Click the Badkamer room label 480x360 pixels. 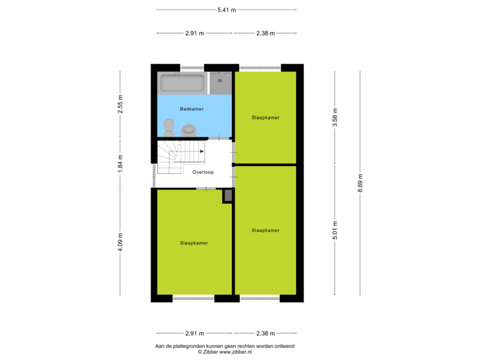[x=191, y=109]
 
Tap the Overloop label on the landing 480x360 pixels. [x=203, y=172]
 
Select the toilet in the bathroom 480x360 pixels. [x=169, y=127]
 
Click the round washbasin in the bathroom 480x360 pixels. [x=189, y=130]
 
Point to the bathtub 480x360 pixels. [x=183, y=83]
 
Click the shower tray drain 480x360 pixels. [x=220, y=81]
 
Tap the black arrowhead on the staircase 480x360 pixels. [x=202, y=151]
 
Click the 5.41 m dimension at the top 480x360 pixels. [x=227, y=10]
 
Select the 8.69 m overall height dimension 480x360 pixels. [x=360, y=183]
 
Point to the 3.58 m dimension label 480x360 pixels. [x=335, y=117]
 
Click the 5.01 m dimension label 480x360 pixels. [x=335, y=230]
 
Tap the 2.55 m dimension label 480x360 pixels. [x=120, y=104]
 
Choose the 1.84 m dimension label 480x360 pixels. [x=120, y=163]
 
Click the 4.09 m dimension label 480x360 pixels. [x=120, y=242]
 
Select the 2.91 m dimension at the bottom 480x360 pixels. [x=195, y=333]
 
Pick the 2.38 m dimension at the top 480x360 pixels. [x=265, y=33]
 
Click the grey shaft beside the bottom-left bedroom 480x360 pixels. [x=228, y=195]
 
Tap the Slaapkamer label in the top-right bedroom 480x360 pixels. [x=265, y=117]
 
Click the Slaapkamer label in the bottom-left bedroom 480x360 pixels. [x=194, y=243]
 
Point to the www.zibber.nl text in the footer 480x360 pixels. [x=235, y=352]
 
